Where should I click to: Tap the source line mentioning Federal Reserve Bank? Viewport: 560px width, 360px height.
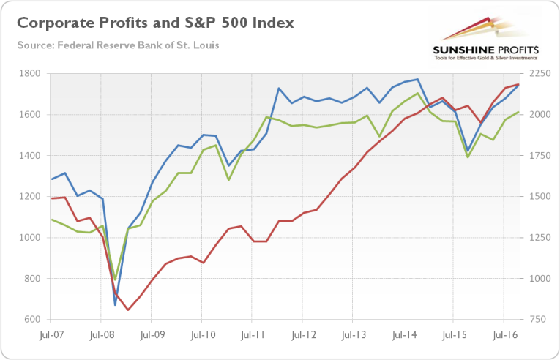pyautogui.click(x=118, y=45)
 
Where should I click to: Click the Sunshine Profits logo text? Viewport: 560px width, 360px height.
pyautogui.click(x=485, y=50)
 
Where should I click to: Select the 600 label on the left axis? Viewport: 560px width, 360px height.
pyautogui.click(x=34, y=320)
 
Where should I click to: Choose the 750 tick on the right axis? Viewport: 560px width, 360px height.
pyautogui.click(x=533, y=320)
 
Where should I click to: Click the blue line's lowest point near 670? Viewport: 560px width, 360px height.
pyautogui.click(x=115, y=304)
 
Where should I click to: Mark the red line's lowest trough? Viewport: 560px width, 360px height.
pyautogui.click(x=128, y=310)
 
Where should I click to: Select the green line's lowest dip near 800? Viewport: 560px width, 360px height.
pyautogui.click(x=115, y=279)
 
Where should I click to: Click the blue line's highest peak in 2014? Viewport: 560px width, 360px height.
pyautogui.click(x=417, y=79)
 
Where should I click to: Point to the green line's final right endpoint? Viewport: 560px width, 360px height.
pyautogui.click(x=518, y=112)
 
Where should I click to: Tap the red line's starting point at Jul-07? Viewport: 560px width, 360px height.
pyautogui.click(x=51, y=198)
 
